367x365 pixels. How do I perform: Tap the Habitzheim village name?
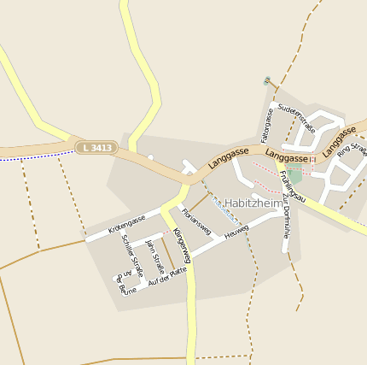(x=253, y=203)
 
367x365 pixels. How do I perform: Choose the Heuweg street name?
(x=236, y=233)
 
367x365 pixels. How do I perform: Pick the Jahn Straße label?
(x=154, y=256)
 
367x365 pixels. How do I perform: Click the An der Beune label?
(x=125, y=281)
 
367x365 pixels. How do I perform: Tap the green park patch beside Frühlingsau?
(x=295, y=177)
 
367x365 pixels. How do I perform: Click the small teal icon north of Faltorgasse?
(x=266, y=81)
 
